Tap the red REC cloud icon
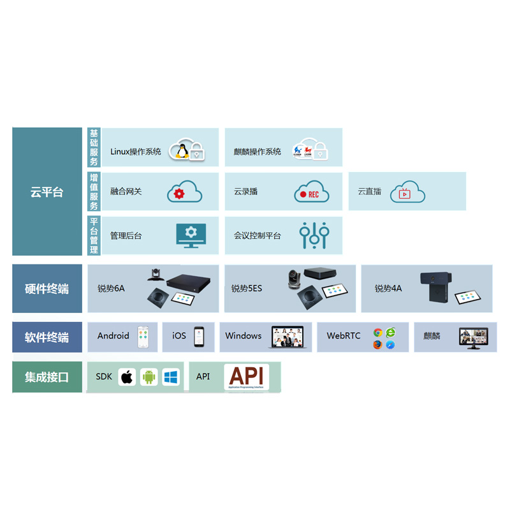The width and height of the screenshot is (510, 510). [x=312, y=192]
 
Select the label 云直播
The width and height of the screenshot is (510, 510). [x=370, y=191]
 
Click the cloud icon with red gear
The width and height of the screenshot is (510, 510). [x=184, y=192]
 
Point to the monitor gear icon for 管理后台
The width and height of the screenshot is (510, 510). [x=191, y=235]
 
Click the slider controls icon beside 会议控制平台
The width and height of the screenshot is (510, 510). [x=314, y=235]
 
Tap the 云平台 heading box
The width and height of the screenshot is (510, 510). [x=47, y=192]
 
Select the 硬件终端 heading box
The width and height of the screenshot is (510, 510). [x=47, y=289]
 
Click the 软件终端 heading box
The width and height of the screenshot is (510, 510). [x=47, y=337]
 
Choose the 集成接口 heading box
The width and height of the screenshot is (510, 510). [x=47, y=377]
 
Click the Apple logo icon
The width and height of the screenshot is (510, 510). [x=127, y=377]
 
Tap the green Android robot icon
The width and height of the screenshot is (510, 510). [x=149, y=377]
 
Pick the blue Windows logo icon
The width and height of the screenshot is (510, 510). [x=171, y=377]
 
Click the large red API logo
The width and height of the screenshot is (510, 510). [x=246, y=376]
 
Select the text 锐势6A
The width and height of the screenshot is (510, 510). [x=111, y=289]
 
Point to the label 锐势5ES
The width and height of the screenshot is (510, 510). [x=247, y=289]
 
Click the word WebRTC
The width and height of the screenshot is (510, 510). [x=344, y=336]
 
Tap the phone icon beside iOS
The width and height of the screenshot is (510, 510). [x=200, y=337]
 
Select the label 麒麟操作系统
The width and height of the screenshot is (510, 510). [x=257, y=152]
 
